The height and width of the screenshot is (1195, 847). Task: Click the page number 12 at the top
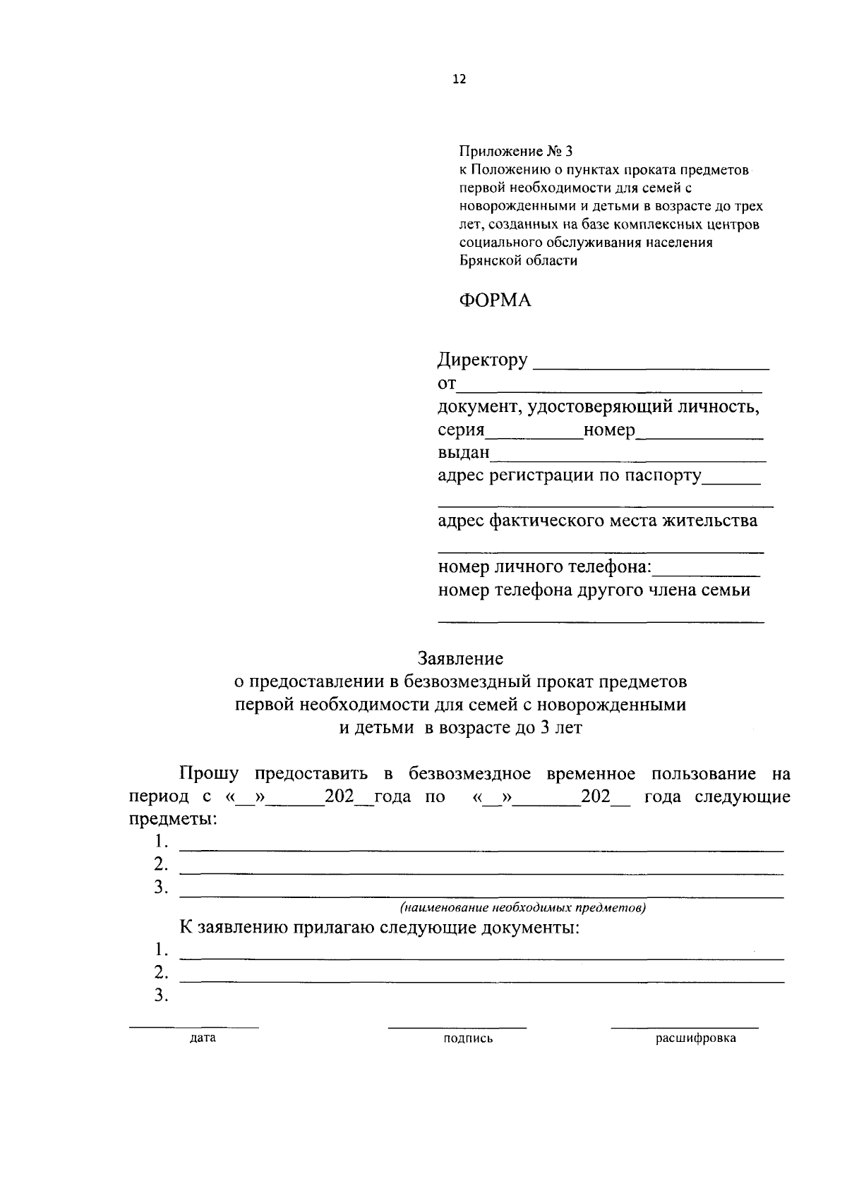coord(459,80)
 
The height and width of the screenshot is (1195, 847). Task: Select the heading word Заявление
coord(460,659)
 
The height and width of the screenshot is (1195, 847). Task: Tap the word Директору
coord(483,360)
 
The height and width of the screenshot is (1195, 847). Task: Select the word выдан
coord(463,453)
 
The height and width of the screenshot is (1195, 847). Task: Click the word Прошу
coord(209,774)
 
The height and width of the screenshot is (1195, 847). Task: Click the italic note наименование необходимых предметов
coord(523,908)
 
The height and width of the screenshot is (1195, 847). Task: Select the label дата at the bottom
coord(203,1038)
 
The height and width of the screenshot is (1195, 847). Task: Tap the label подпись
coord(468,1038)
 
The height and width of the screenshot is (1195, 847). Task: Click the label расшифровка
coord(695,1038)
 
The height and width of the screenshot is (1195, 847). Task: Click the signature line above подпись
coord(457,1027)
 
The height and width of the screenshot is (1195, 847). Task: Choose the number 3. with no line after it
coord(162,996)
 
